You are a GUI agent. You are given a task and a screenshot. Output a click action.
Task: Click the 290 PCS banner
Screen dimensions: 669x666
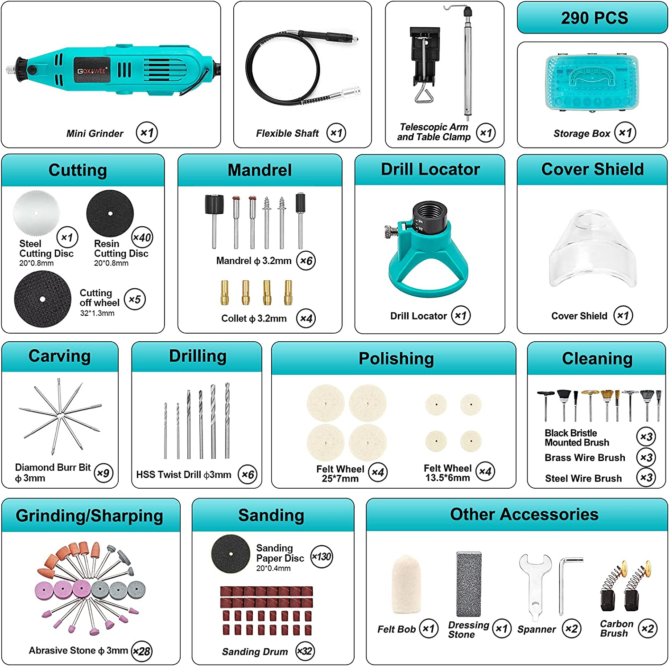pos(593,18)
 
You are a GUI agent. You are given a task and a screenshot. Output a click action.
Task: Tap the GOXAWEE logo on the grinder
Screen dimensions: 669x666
pos(91,70)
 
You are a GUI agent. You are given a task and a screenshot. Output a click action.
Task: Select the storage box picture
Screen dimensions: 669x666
pos(591,83)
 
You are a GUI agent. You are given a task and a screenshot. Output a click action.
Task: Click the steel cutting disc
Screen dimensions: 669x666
pos(36,213)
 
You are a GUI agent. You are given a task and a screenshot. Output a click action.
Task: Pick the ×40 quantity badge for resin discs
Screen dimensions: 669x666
pos(142,237)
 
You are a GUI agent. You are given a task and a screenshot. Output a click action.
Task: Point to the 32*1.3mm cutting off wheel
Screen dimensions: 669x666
pos(43,299)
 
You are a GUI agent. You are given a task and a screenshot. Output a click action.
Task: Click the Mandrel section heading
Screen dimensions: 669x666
pos(260,170)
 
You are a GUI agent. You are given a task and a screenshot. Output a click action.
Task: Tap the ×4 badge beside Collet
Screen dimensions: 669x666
pos(306,318)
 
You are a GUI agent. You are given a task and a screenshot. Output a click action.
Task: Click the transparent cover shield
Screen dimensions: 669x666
pos(593,249)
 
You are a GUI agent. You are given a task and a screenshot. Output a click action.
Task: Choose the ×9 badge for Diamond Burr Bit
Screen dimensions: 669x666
pos(103,473)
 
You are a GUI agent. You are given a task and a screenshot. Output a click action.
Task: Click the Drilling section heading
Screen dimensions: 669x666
pos(198,356)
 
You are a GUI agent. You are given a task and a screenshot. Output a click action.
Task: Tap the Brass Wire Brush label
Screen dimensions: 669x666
pos(585,458)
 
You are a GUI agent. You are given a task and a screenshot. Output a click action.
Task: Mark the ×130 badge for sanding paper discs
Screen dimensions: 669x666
pos(322,556)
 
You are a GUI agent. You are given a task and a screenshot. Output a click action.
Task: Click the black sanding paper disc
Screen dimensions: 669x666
pos(231,554)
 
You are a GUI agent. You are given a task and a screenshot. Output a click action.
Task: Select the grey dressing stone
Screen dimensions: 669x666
pos(469,584)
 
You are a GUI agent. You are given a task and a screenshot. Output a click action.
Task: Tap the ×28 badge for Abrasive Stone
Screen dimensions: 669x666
pos(142,651)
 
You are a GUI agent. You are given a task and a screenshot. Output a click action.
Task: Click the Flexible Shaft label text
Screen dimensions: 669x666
pos(287,133)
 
